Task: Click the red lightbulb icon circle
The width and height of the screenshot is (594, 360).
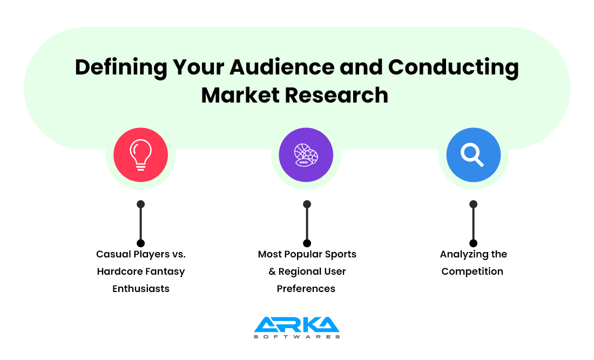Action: click(140, 155)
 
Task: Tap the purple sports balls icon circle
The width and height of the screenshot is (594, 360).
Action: click(306, 155)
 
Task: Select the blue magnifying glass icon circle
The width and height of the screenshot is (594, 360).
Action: click(473, 155)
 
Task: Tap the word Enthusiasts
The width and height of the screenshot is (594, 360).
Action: click(141, 289)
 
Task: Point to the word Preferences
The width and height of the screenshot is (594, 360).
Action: click(306, 289)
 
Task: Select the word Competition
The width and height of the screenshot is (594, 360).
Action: click(473, 271)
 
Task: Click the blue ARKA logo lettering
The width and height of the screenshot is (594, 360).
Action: click(296, 324)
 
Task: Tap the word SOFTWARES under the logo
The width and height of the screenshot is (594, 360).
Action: click(296, 337)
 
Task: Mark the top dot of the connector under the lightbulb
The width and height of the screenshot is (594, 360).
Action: click(140, 204)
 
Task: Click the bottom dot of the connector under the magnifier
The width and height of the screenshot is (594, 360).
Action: click(474, 243)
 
